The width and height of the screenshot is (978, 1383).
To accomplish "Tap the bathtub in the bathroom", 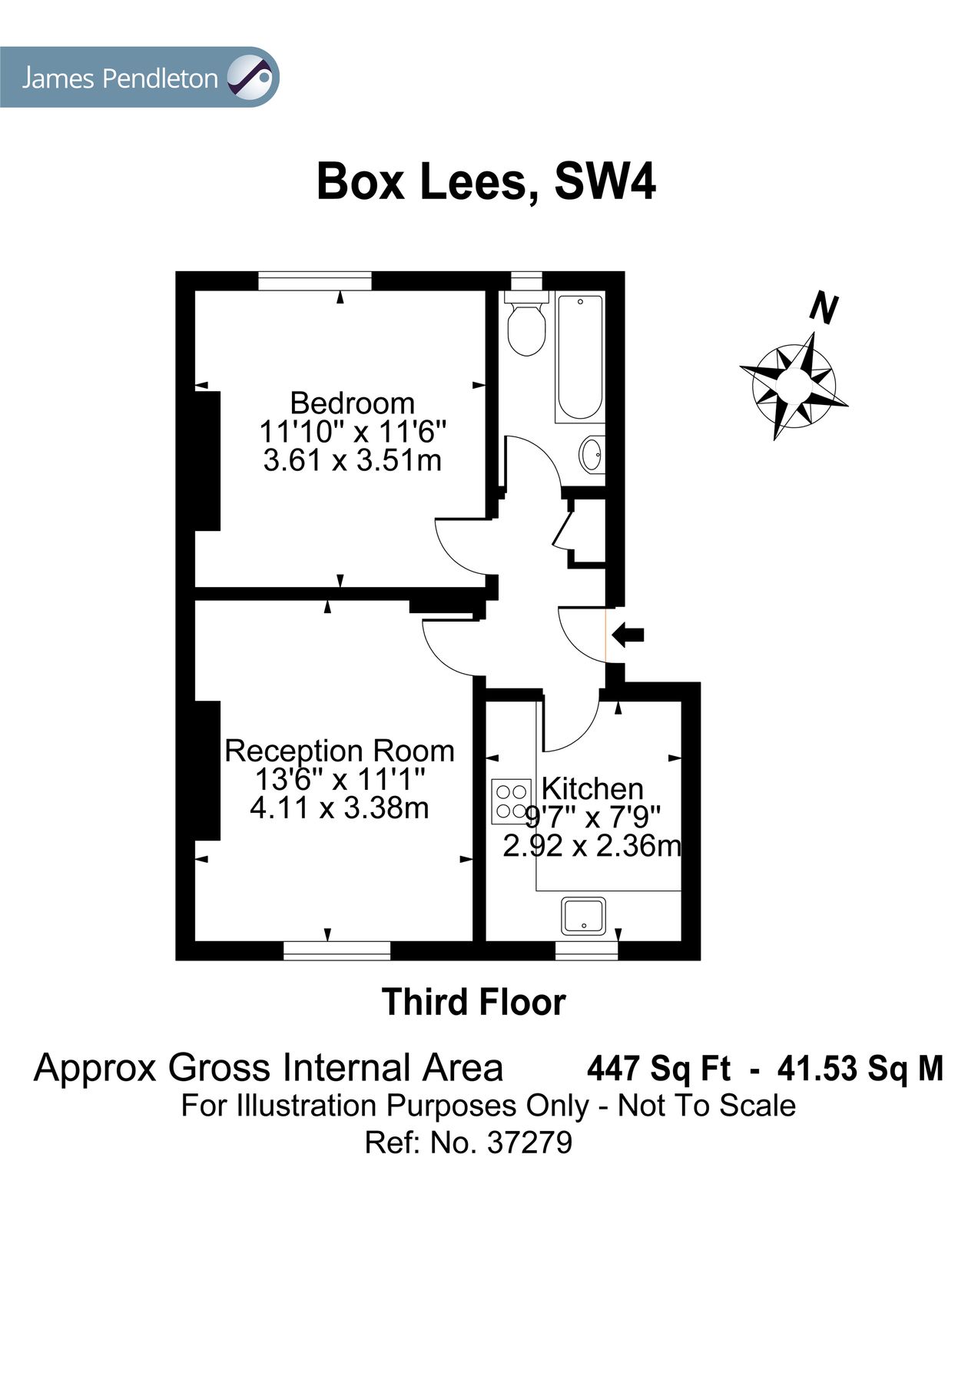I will pyautogui.click(x=579, y=357).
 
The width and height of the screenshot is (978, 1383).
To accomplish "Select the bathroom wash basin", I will pyautogui.click(x=592, y=455).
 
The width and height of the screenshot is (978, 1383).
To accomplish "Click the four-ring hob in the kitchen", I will pyautogui.click(x=511, y=801).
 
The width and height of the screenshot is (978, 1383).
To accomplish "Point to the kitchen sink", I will pyautogui.click(x=584, y=917).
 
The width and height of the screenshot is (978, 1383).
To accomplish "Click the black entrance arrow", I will pyautogui.click(x=628, y=635).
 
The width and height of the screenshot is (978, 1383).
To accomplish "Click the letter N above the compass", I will pyautogui.click(x=823, y=309).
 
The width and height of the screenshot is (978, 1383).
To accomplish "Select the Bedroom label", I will pyautogui.click(x=352, y=403).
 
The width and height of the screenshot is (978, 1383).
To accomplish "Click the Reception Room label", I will pyautogui.click(x=339, y=751).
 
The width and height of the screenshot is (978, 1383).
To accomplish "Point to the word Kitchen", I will pyautogui.click(x=592, y=788).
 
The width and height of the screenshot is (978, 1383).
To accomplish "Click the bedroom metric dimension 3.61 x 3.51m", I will pyautogui.click(x=352, y=461).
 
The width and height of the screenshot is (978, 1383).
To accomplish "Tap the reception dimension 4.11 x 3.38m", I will pyautogui.click(x=339, y=808).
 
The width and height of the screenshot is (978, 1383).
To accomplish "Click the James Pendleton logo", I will pyautogui.click(x=139, y=78).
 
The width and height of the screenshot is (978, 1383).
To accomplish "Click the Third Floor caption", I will pyautogui.click(x=474, y=1002).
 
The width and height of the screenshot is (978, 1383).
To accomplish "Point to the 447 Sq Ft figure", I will pyautogui.click(x=658, y=1069).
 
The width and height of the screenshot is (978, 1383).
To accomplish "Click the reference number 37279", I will pyautogui.click(x=529, y=1143).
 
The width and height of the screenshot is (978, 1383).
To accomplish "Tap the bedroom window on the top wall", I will pyautogui.click(x=314, y=281).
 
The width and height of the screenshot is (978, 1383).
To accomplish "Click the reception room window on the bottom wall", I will pyautogui.click(x=337, y=950).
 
